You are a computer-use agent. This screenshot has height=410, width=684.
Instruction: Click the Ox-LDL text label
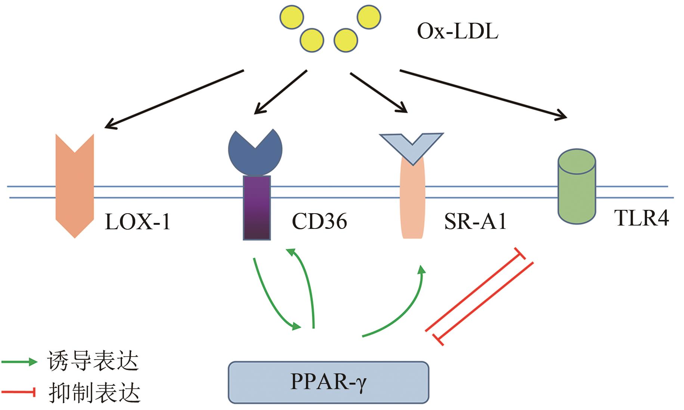pyautogui.click(x=457, y=31)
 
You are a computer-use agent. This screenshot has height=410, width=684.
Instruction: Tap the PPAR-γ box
pyautogui.click(x=328, y=382)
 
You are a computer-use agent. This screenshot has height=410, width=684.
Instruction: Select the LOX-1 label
pyautogui.click(x=137, y=221)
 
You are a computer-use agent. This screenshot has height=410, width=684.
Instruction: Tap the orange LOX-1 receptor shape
pyautogui.click(x=75, y=187)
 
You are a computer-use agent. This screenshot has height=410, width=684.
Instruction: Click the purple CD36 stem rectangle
pyautogui.click(x=257, y=208)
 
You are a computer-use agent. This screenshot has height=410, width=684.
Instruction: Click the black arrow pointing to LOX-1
pyautogui.click(x=174, y=99)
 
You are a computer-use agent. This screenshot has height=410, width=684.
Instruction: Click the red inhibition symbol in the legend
pyautogui.click(x=19, y=392)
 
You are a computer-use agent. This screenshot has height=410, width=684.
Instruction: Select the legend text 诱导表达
pyautogui.click(x=93, y=361)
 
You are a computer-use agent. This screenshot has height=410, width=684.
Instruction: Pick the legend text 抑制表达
pyautogui.click(x=94, y=393)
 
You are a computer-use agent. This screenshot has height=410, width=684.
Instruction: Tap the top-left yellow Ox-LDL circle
pyautogui.click(x=292, y=17)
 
